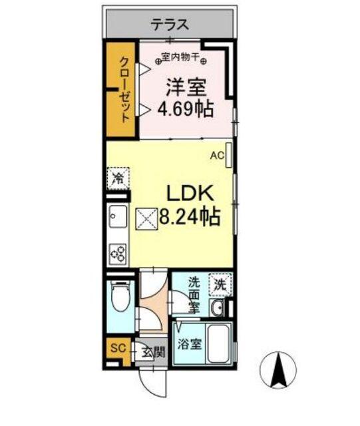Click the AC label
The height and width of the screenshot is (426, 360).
pos(216,156)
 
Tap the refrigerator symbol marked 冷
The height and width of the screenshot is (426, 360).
pos(118,178)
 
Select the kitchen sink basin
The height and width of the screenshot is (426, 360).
pos(118,217)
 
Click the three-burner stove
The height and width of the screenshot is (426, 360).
pos(118,254)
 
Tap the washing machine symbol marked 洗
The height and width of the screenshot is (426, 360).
pos(220,284)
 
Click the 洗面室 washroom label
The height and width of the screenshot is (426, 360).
pos(194,294)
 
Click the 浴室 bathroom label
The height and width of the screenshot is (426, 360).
pos(189,344)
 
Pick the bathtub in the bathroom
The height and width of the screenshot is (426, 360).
pos(218,344)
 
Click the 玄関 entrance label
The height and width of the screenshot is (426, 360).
pos(153,352)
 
